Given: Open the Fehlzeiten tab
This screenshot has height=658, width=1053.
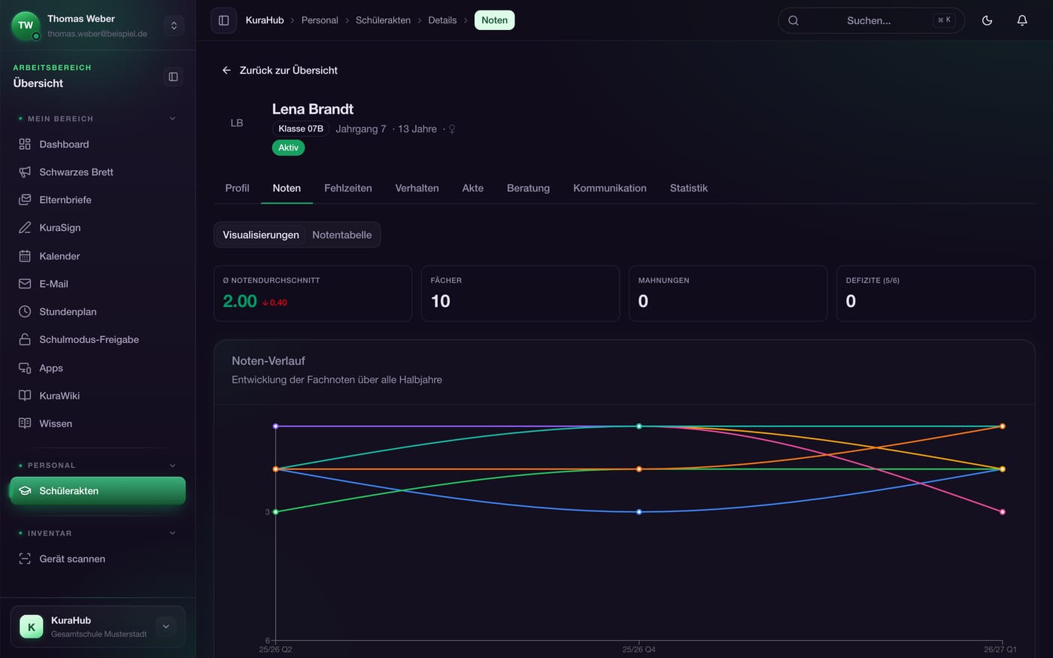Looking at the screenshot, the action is point(347,188).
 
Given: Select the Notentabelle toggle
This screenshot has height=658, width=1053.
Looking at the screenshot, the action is point(341,235).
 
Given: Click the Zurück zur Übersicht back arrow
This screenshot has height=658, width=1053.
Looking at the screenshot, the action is point(226,70).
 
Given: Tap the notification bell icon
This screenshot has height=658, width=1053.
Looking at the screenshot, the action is point(1022,20).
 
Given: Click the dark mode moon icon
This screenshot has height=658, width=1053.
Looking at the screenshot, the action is point(987,20).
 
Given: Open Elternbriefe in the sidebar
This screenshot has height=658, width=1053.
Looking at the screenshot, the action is point(65,200).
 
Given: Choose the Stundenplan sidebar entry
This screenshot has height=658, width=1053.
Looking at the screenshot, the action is point(68,311).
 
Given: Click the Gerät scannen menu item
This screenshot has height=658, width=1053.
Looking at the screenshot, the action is point(72,559).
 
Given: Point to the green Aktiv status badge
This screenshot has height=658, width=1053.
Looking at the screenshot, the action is point(288,147).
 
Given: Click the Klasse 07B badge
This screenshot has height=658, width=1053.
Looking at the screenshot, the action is point(301,129).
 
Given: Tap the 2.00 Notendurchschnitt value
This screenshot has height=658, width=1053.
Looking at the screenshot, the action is point(240,301).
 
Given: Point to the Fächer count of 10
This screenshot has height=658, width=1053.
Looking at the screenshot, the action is point(441,301).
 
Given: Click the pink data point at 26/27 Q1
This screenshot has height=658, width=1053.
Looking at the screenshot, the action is point(1002,512).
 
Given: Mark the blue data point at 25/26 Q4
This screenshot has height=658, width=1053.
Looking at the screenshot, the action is point(639,512).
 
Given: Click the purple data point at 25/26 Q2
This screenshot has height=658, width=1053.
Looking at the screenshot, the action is point(275,426).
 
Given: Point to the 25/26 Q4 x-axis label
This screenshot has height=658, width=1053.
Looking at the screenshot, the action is point(639,650).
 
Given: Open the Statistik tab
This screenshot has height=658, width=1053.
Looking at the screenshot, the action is point(688,188).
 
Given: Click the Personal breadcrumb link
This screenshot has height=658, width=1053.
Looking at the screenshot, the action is point(320,20).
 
